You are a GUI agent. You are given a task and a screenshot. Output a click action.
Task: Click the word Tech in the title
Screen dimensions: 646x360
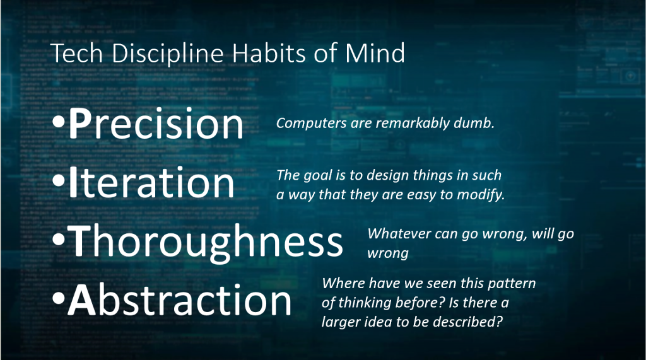point(76,53)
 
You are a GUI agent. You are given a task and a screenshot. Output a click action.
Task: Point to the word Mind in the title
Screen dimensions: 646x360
point(375,53)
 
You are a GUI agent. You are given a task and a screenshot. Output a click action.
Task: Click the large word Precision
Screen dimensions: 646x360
point(156,124)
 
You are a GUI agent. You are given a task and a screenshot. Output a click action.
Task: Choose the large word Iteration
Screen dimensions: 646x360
point(151,182)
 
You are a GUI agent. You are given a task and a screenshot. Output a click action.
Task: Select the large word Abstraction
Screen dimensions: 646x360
point(180,300)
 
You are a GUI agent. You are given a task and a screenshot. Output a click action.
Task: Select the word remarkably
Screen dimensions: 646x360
point(413,123)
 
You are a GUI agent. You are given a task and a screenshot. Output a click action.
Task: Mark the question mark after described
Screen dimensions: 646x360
point(499,322)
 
